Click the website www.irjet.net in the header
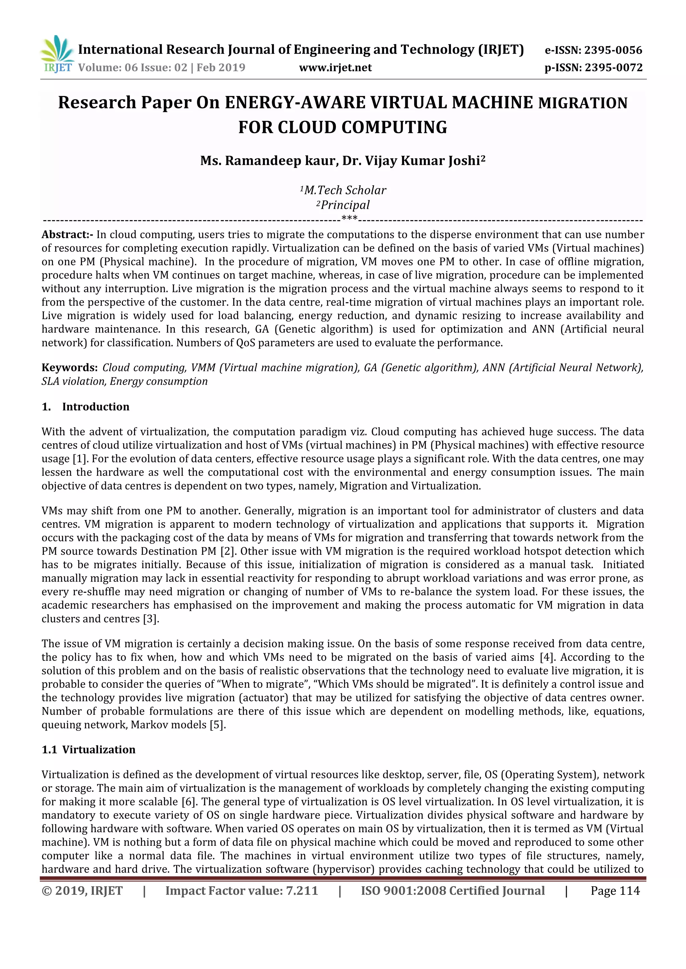(x=335, y=68)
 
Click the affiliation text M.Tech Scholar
(x=345, y=190)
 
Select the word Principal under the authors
(x=345, y=205)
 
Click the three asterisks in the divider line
(x=349, y=219)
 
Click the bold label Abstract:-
(x=68, y=235)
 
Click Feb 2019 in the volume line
(x=221, y=68)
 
